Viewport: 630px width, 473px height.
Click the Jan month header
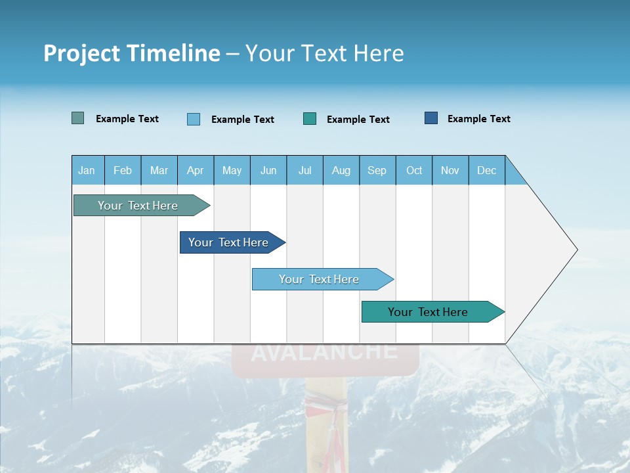point(87,170)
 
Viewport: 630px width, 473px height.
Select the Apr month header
point(196,170)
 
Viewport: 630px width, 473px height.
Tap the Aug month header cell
point(341,170)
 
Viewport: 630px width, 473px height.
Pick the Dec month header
point(487,170)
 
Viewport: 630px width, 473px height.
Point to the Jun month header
point(268,170)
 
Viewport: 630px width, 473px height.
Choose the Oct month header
point(414,170)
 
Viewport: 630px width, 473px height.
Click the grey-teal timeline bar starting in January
point(138,206)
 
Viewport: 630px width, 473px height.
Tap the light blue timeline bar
point(319,279)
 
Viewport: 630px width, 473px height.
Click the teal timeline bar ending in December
point(428,312)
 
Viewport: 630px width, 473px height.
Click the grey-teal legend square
point(78,118)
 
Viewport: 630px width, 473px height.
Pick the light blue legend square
point(194,119)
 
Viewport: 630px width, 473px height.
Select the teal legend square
point(310,119)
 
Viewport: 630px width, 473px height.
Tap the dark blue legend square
point(431,118)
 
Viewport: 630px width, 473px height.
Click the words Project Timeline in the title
point(132,53)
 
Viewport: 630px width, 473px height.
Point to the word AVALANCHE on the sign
point(324,352)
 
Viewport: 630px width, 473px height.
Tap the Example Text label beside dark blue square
point(478,119)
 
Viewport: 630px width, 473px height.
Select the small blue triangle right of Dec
point(514,175)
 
